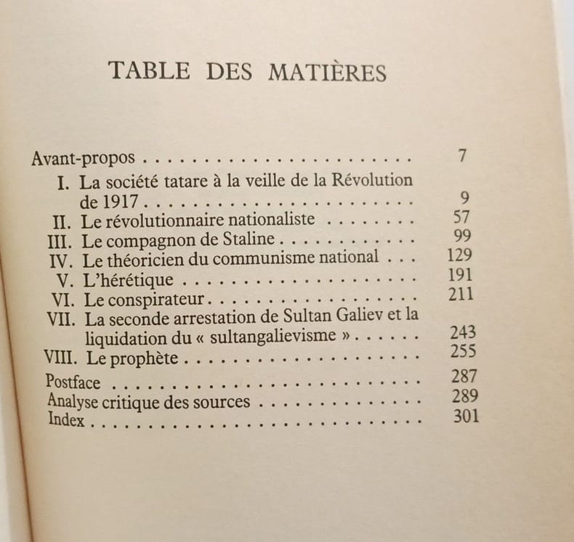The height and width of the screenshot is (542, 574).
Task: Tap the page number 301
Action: tap(464, 416)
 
